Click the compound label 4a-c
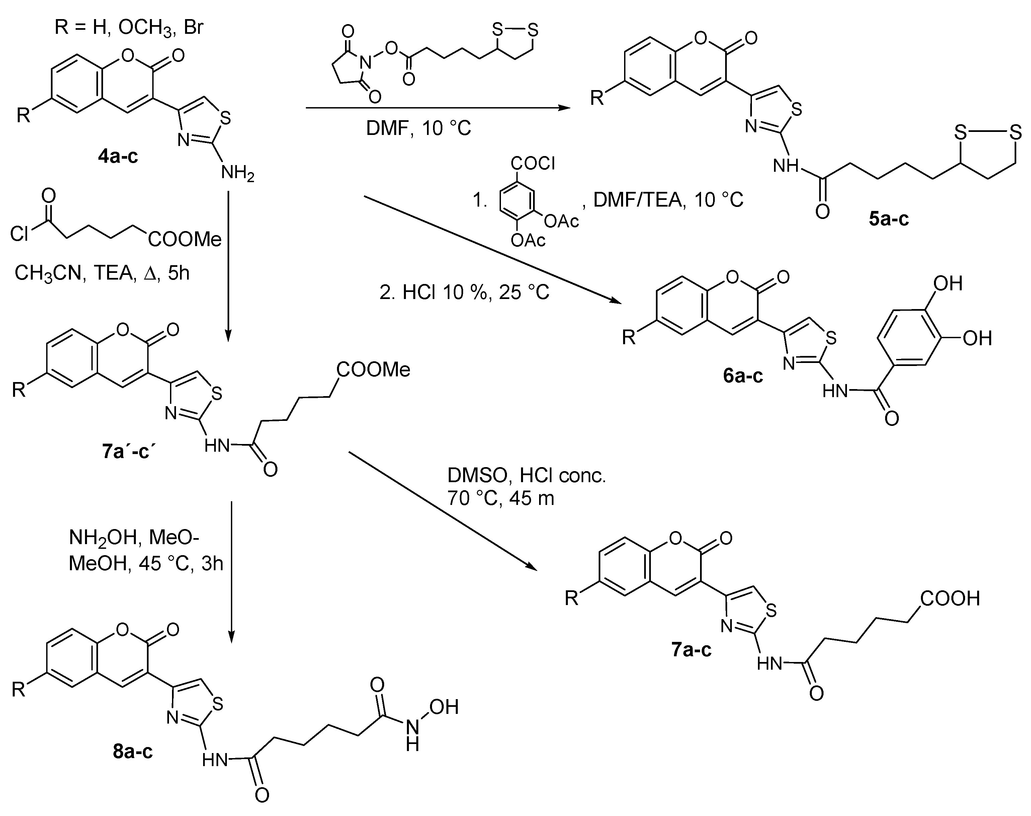[x=118, y=156]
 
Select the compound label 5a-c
[x=888, y=218]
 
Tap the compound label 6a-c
[x=743, y=376]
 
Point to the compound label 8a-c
[x=133, y=751]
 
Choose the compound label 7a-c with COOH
[x=691, y=650]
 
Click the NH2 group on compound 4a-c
[x=237, y=173]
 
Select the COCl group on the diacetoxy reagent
[x=533, y=164]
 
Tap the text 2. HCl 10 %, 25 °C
[x=464, y=292]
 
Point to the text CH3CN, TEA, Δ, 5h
[x=102, y=273]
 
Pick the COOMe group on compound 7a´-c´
[x=373, y=369]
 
